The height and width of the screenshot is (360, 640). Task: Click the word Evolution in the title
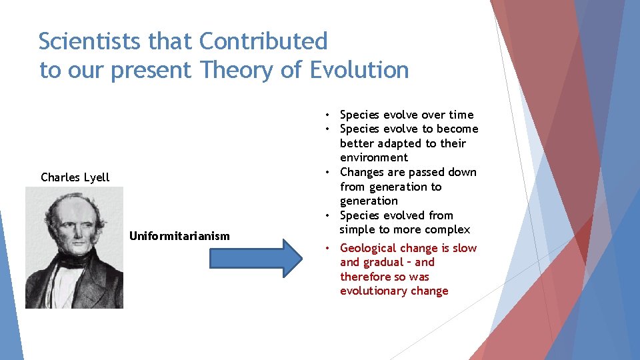click(x=359, y=69)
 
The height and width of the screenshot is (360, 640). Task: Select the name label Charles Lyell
click(x=75, y=177)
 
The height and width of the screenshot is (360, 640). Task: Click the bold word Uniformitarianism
click(x=179, y=236)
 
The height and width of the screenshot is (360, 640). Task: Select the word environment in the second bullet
click(x=373, y=158)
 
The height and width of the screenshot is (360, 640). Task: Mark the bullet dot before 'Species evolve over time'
click(x=329, y=115)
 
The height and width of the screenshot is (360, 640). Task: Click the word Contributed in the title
click(x=263, y=41)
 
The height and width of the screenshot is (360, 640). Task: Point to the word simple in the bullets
click(x=358, y=230)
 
